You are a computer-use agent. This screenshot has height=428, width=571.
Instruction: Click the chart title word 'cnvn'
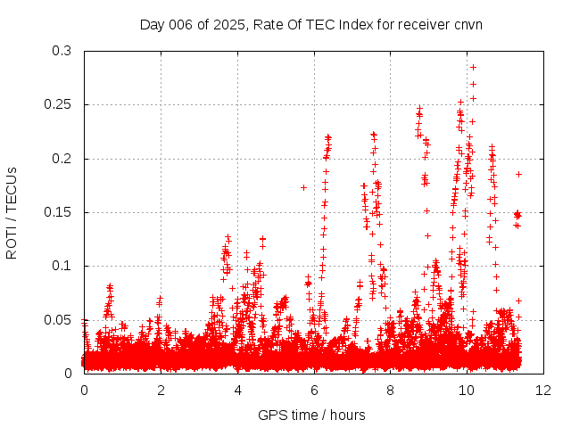tap(468, 24)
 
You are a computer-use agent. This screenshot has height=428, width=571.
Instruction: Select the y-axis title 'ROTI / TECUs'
tap(12, 212)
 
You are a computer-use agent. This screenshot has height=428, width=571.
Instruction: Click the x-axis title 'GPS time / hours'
tap(311, 415)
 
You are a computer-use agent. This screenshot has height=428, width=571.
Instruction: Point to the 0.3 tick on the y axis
tap(62, 52)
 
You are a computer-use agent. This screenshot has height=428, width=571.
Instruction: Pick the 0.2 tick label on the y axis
tap(62, 159)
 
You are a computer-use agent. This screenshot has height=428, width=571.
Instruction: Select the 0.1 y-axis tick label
tap(62, 266)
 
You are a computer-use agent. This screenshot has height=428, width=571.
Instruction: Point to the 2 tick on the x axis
tap(161, 390)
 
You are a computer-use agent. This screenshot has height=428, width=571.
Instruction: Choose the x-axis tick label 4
tap(237, 390)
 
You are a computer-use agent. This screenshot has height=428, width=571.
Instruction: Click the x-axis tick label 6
tap(314, 390)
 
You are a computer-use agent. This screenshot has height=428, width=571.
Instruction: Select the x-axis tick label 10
tap(467, 390)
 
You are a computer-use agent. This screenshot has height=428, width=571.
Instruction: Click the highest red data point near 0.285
tap(473, 67)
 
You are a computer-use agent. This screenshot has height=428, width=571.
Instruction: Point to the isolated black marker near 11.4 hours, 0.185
tap(518, 174)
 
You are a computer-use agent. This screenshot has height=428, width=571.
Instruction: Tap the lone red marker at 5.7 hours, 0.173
tap(303, 187)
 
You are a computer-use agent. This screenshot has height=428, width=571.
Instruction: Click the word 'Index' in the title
tap(357, 24)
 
